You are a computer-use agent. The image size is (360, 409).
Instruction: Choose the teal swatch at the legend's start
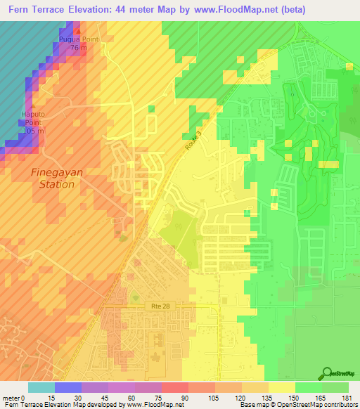click(41, 387)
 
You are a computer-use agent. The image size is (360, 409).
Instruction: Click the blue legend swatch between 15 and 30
click(68, 387)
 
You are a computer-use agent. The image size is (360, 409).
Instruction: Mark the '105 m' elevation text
click(33, 131)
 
